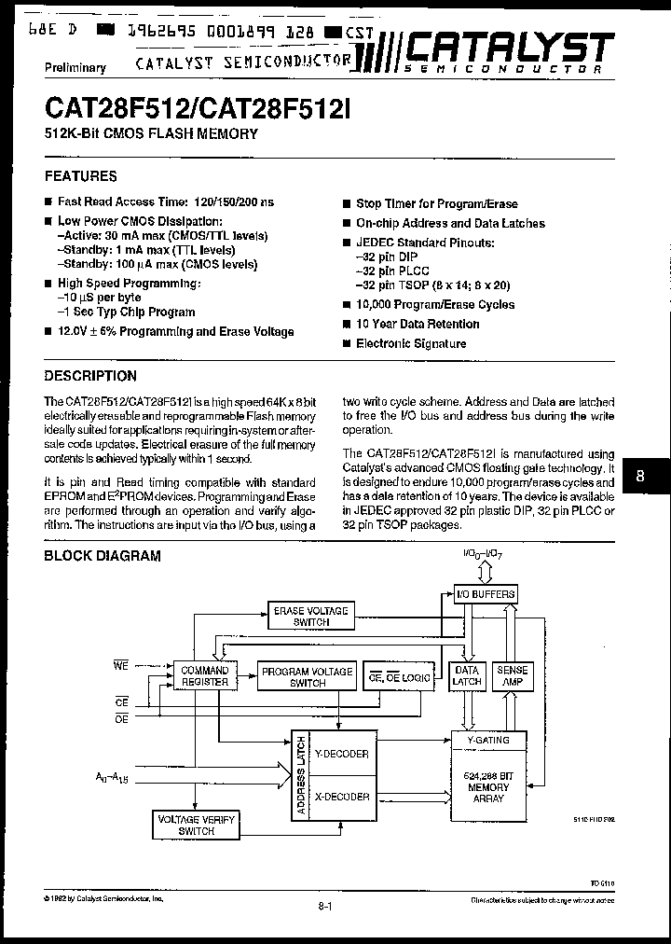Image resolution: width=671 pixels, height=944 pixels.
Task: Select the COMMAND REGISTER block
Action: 204,676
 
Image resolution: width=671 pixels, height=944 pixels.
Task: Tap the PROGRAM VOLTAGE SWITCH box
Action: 307,676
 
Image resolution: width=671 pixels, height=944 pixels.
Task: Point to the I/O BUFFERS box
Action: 485,594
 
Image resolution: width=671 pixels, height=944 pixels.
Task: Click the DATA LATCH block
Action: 466,676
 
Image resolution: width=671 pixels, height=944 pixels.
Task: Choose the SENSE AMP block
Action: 512,676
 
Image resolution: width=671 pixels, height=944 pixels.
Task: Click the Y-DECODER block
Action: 342,754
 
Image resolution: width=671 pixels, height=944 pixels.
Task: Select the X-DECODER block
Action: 342,797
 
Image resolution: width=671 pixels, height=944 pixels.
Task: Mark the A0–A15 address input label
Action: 111,776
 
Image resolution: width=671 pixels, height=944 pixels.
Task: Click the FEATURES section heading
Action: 81,175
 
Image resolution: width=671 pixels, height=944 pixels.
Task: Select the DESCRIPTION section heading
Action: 90,376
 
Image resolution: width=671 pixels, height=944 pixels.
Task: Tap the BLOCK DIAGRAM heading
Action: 103,556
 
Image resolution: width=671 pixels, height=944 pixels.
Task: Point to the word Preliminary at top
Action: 75,67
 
